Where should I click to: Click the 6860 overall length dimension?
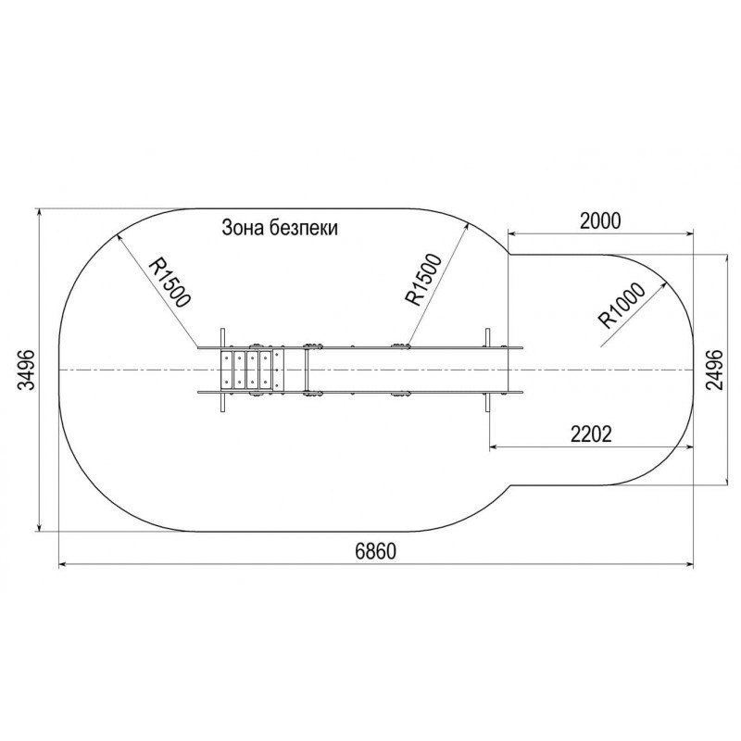[375, 551]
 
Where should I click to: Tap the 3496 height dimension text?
[27, 370]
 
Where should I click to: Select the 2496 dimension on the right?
[714, 370]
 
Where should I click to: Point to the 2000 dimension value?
[599, 220]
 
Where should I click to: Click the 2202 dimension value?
[591, 433]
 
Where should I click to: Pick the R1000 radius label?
[622, 306]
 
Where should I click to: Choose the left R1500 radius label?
[170, 283]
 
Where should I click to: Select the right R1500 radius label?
[422, 280]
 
